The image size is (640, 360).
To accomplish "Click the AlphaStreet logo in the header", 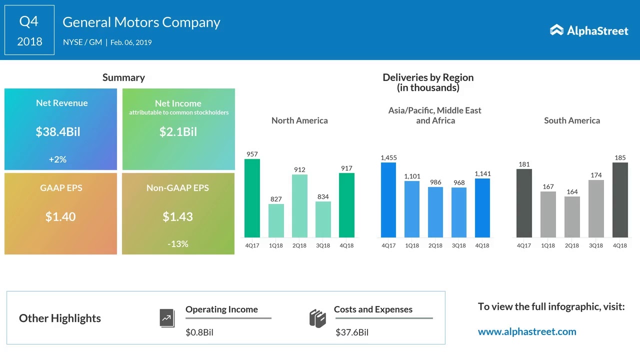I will point(589,30).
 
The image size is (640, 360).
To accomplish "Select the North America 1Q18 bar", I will point(276,220).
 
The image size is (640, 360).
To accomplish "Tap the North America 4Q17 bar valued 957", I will point(252,198).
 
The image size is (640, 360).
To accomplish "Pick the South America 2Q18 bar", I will point(572,217).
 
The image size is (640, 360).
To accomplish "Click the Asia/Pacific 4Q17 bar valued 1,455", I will point(388,200).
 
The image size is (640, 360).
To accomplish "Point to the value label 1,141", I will point(482,174).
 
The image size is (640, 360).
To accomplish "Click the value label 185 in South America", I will point(620,158).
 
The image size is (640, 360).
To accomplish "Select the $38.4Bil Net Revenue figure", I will point(58,132).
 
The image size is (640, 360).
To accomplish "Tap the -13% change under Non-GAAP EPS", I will point(178,244).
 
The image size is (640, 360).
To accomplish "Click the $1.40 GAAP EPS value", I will point(60,216).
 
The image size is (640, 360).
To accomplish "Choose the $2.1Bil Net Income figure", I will point(178,132).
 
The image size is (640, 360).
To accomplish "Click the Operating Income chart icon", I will point(167,318).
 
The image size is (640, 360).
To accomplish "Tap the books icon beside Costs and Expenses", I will point(317,318).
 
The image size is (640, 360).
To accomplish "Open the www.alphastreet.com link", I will point(527,331).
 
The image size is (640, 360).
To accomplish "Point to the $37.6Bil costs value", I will point(352,332).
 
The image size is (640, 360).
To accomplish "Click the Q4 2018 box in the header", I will point(29,30).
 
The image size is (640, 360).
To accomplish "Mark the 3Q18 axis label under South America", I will point(596,245).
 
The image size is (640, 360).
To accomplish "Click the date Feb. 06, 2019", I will point(131,42).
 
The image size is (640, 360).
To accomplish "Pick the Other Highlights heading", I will point(60,318).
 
